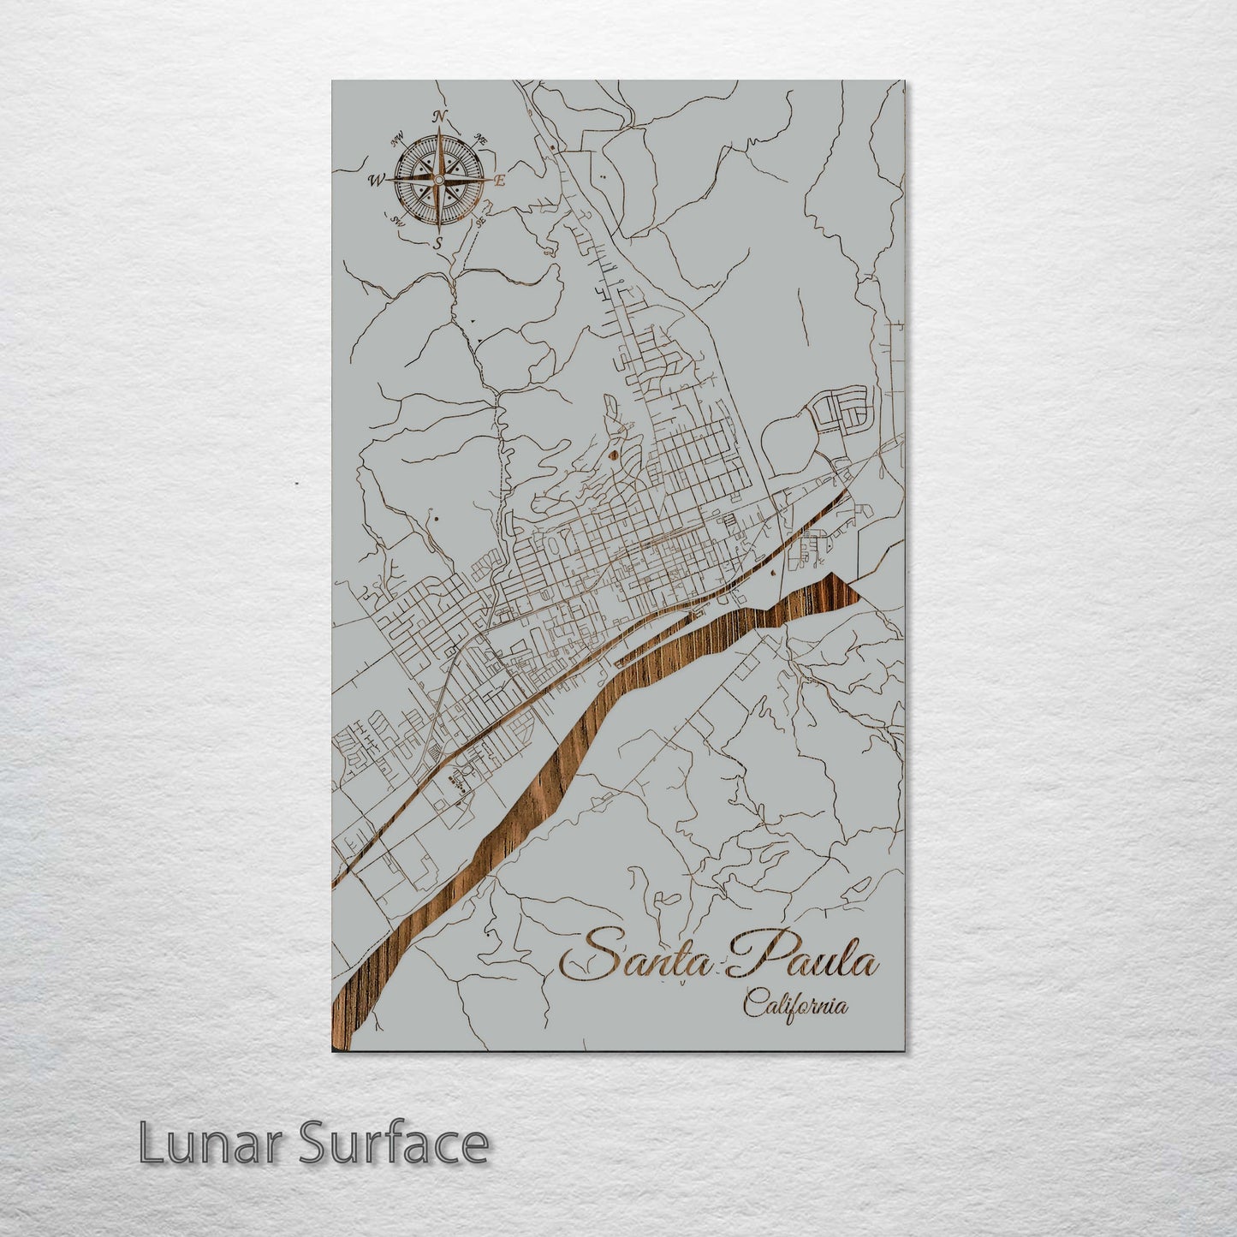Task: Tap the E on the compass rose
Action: pos(501,181)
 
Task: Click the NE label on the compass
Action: pos(481,140)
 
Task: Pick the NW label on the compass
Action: pos(397,140)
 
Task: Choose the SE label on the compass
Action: pos(481,221)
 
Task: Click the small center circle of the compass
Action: pos(439,181)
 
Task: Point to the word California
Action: pos(795,1005)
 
